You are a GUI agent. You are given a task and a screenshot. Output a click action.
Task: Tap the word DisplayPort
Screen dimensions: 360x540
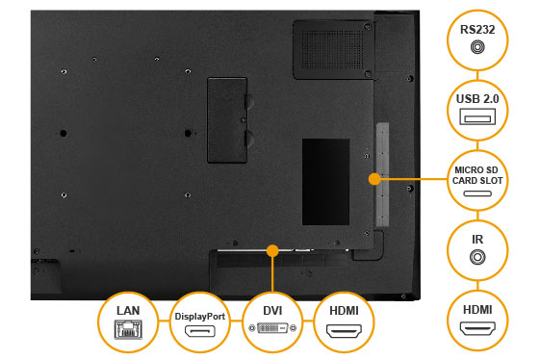coord(200,316)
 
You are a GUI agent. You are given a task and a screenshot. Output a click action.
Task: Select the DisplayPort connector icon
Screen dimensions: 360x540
coord(200,332)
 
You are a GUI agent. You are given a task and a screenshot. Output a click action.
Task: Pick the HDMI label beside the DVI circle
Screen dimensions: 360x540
coord(344,313)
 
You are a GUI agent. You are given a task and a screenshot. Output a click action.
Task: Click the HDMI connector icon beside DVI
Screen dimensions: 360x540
coord(344,331)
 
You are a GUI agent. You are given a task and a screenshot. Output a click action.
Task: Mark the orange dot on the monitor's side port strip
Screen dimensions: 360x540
coord(374,178)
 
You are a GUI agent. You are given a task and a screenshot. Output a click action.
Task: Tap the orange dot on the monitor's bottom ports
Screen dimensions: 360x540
coord(273,251)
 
